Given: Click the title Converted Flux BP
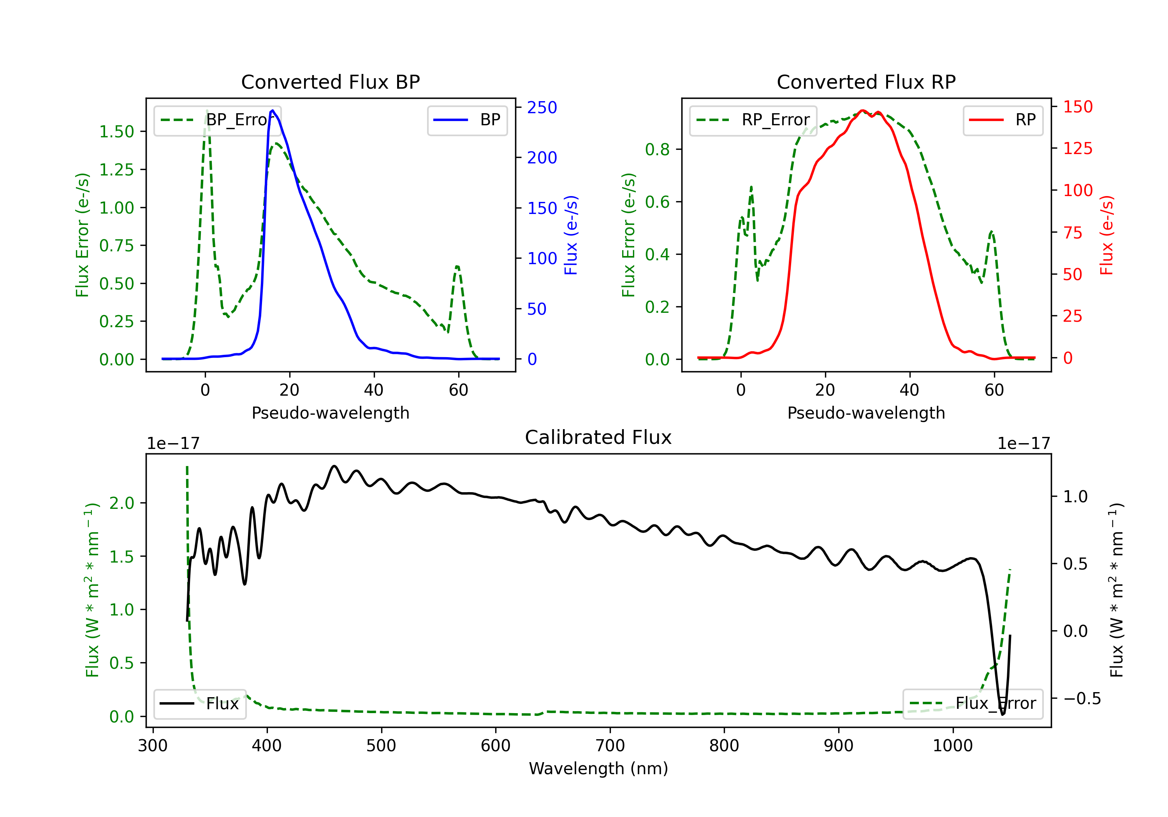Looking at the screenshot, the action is [330, 82].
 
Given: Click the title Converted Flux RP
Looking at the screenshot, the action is [866, 82].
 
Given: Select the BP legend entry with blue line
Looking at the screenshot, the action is [467, 120].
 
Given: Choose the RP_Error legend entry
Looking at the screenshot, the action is [753, 120].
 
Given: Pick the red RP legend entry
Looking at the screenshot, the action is [1002, 120].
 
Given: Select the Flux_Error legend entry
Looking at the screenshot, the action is [973, 704].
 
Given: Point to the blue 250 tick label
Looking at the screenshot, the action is [542, 107].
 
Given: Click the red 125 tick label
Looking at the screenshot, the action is [1077, 149].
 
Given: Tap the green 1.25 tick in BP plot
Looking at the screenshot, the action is [116, 169].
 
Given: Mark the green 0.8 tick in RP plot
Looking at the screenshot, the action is [657, 149].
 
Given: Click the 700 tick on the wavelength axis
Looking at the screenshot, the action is [610, 746].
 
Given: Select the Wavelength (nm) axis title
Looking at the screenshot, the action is [598, 769].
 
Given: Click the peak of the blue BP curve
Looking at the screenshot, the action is [273, 110].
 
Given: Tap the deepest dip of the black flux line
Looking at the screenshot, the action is [1003, 714].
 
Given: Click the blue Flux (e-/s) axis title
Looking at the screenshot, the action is [571, 235].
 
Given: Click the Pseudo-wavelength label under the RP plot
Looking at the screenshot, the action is [866, 413].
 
